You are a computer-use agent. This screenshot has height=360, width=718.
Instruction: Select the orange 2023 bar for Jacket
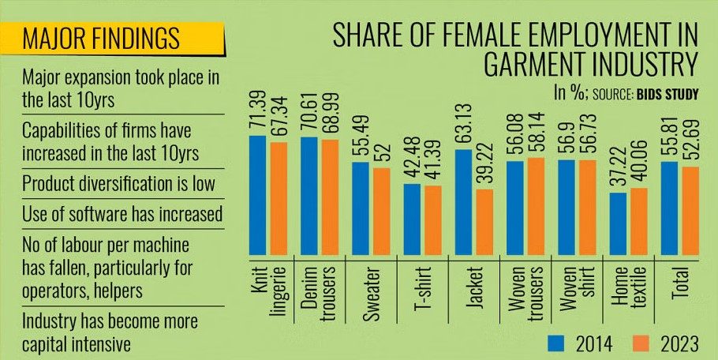click(484, 223)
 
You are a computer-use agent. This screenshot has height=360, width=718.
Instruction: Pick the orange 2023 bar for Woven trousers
click(536, 208)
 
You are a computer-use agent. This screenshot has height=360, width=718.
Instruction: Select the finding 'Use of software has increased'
click(122, 213)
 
